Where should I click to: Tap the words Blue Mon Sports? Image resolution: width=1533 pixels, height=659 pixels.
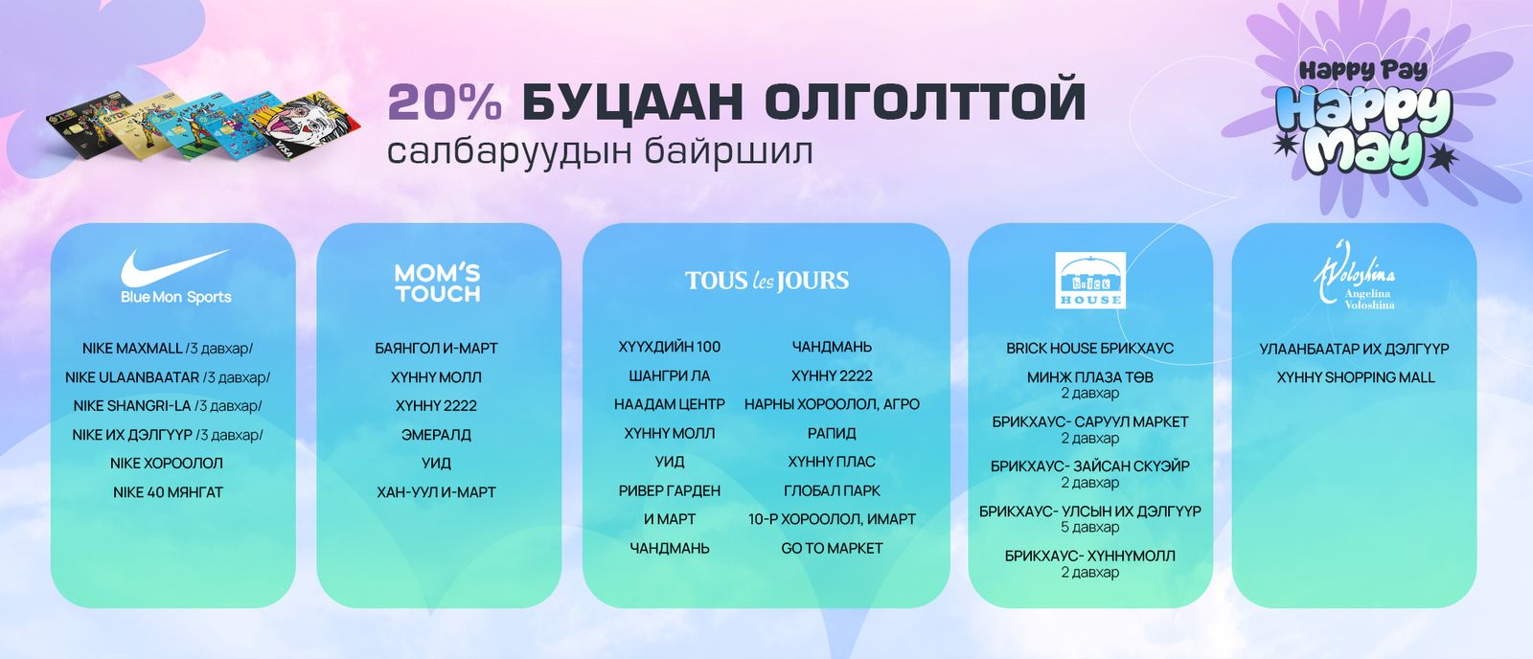coord(176,297)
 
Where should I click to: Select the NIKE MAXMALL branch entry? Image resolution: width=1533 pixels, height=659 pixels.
coord(168,349)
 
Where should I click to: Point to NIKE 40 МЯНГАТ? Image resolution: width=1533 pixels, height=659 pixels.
coord(168,492)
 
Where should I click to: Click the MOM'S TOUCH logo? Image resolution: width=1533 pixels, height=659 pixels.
coord(438,284)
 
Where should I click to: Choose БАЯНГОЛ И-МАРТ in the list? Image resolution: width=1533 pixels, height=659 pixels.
coord(436,349)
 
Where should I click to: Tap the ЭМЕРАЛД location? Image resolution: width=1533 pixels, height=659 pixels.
coord(436,435)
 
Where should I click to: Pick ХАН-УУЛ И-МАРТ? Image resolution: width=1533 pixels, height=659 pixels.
coord(436,492)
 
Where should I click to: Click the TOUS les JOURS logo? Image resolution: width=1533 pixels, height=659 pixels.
coord(766,281)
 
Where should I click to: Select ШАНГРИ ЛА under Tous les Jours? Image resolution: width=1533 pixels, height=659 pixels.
coord(670,375)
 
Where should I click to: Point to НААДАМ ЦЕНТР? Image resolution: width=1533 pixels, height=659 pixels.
coord(670,404)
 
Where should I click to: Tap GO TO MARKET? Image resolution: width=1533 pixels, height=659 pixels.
coord(832,548)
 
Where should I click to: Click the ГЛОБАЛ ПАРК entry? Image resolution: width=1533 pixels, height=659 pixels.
coord(832,490)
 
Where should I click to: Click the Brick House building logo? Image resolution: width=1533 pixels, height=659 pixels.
coord(1090,280)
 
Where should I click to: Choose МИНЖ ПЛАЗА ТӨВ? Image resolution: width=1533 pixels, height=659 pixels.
coord(1090,377)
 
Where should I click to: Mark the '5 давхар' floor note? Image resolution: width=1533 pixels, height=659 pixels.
coord(1090,528)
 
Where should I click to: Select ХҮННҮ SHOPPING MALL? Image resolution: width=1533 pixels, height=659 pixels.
coord(1356,377)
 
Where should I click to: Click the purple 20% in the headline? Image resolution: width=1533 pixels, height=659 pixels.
coord(445,102)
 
